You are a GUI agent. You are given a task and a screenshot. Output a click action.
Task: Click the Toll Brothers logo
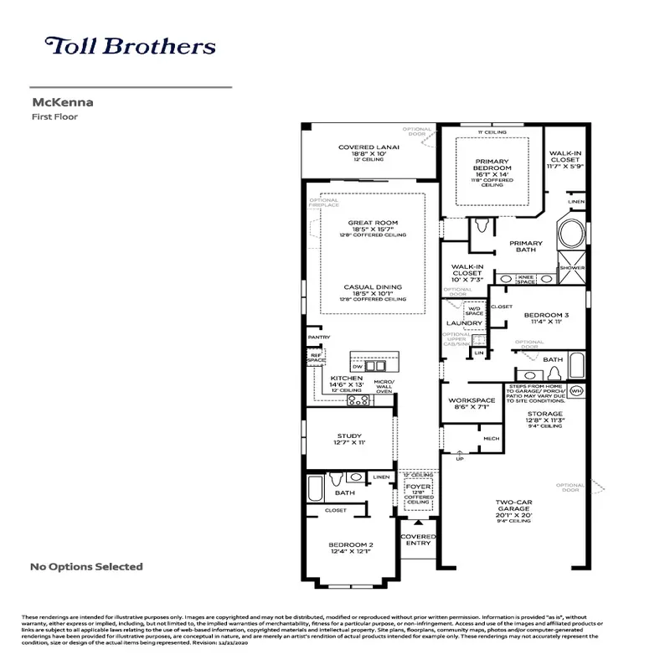tap(130, 46)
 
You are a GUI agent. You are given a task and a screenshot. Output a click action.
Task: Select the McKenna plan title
tap(62, 103)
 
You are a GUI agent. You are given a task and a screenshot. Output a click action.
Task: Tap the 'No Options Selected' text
tap(86, 567)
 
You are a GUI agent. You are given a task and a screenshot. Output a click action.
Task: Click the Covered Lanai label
tap(368, 147)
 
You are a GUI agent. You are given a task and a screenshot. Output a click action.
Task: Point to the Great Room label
tap(373, 223)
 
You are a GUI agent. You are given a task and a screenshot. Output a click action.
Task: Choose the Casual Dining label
tap(373, 287)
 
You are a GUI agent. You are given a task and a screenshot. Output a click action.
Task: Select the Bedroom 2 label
tap(351, 545)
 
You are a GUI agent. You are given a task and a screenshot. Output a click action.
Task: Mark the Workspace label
tap(472, 400)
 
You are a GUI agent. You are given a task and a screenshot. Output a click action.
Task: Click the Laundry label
tap(463, 322)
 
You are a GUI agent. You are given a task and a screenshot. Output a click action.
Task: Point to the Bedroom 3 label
tap(546, 315)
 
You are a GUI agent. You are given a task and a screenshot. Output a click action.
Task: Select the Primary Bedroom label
tap(493, 162)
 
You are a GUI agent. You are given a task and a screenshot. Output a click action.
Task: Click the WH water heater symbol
tap(575, 391)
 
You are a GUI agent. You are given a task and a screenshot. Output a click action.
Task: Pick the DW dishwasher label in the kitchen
tap(357, 366)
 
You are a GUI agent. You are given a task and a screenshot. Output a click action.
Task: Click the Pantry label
tap(318, 338)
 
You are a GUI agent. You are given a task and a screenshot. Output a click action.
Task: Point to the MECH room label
tap(490, 438)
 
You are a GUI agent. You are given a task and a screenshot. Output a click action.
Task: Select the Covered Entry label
tap(418, 539)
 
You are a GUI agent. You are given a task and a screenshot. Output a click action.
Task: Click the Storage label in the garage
tap(545, 414)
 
